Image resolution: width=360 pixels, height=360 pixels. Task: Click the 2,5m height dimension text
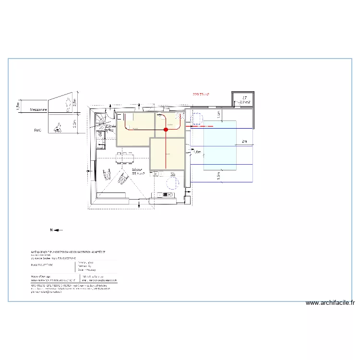pos(75,102)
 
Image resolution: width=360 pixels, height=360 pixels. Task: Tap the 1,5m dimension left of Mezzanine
pos(18,105)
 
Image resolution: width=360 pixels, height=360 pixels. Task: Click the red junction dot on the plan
pos(166,130)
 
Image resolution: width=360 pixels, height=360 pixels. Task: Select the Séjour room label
pos(138,170)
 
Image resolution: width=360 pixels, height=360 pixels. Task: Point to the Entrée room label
pos(110,126)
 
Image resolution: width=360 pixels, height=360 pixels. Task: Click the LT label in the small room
pos(244,97)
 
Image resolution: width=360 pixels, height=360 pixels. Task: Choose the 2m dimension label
pos(244,141)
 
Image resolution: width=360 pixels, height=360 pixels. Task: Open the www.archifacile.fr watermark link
pos(331,303)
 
